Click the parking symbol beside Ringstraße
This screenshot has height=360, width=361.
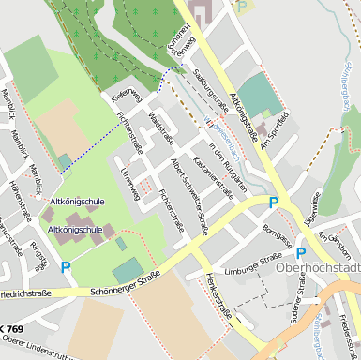pos(66,267)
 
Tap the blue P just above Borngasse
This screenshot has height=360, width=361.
pos(274,202)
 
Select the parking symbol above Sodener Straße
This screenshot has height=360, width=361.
pos(300,252)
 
